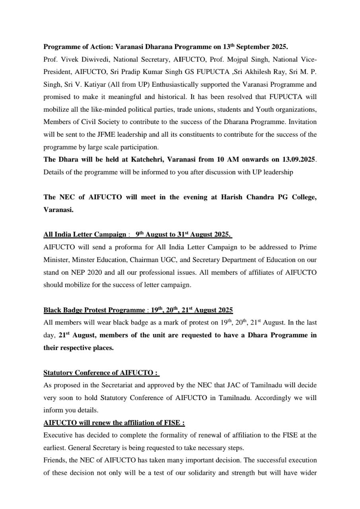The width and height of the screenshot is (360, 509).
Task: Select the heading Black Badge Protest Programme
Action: point(94,310)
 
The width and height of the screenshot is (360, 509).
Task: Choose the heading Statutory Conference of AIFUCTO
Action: point(101,373)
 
